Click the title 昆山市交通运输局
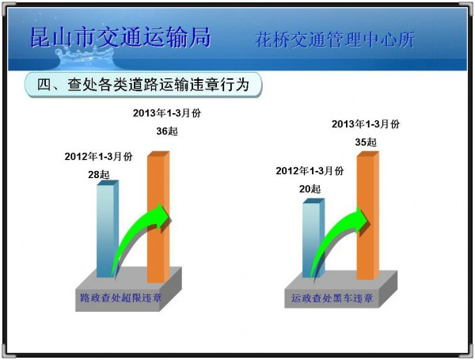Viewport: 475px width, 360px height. (120, 37)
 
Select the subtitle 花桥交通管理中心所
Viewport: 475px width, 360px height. (334, 40)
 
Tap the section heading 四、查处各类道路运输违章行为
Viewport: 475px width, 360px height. (143, 85)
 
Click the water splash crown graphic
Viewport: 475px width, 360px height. (85, 58)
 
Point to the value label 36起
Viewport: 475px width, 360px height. (167, 131)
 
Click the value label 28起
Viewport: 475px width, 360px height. (99, 174)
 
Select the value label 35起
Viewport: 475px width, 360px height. (366, 142)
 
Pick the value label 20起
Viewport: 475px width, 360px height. (310, 189)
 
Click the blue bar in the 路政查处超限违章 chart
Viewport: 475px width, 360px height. (108, 229)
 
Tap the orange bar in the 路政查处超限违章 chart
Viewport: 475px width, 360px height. (158, 217)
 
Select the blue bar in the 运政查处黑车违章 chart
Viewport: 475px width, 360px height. (313, 238)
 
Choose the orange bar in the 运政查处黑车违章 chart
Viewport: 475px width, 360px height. (368, 215)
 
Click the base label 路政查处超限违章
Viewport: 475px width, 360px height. (120, 298)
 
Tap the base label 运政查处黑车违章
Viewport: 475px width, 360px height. (332, 298)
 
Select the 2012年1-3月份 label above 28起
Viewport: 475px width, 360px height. (98, 157)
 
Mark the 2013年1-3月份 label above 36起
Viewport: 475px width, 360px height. (167, 113)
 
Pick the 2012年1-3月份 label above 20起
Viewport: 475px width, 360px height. (310, 171)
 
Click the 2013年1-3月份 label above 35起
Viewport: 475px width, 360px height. (366, 124)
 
